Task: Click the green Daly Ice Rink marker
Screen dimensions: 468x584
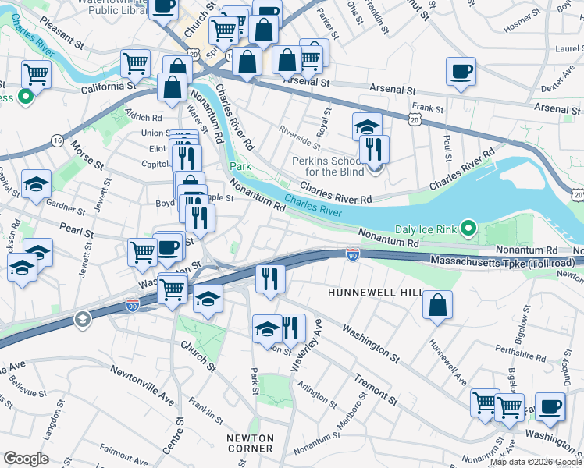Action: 468,229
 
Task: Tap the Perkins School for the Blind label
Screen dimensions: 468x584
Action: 323,166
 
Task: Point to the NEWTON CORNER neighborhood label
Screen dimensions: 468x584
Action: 250,443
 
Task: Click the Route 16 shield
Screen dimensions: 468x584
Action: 57,140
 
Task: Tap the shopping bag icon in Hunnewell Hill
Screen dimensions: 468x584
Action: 438,305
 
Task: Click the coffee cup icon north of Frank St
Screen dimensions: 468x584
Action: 461,72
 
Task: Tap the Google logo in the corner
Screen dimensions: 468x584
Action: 26,459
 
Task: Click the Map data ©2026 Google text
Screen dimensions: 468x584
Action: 536,462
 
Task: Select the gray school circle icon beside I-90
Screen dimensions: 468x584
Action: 81,319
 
